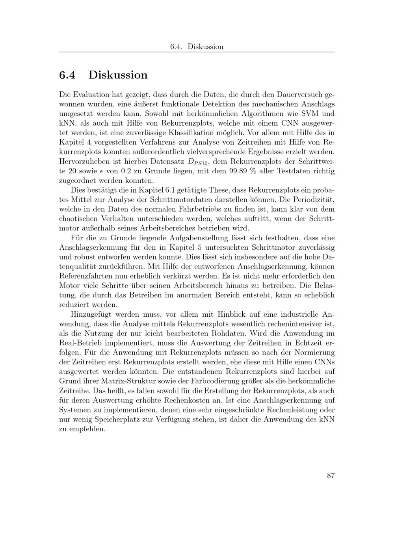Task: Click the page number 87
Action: point(331,475)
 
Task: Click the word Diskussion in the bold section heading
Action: point(118,75)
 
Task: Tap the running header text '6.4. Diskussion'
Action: point(197,47)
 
